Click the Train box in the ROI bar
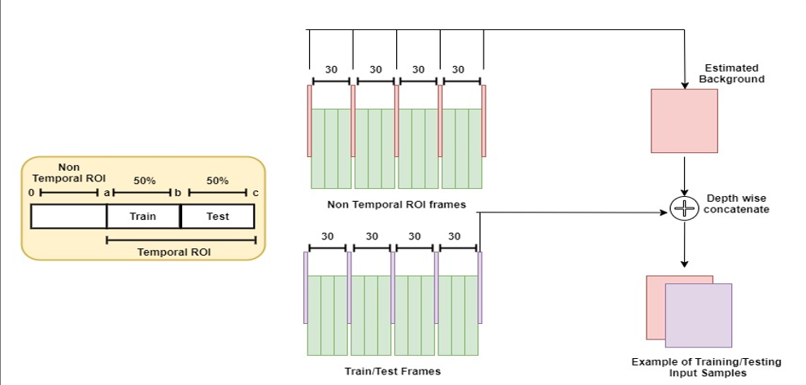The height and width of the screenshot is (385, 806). pos(143,217)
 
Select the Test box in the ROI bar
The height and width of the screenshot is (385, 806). pos(217,217)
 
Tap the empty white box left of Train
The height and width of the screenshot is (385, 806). pos(68,217)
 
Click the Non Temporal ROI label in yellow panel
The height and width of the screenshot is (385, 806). pos(68,172)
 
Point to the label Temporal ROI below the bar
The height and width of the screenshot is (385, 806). pos(174,252)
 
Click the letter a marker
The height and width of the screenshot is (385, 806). pos(106,193)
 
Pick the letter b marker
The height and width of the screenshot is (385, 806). pos(177,193)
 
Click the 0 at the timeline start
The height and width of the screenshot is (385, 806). pos(31,193)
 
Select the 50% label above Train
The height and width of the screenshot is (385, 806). pos(144,181)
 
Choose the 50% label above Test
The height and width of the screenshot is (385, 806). pos(217,181)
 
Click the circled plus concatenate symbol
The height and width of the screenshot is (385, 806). pos(685,209)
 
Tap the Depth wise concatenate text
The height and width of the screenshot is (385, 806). pos(736,203)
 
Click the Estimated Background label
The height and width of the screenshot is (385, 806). pos(731,73)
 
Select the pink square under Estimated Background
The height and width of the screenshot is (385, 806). pos(684,120)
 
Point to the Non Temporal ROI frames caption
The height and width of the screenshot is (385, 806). pos(396,204)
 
